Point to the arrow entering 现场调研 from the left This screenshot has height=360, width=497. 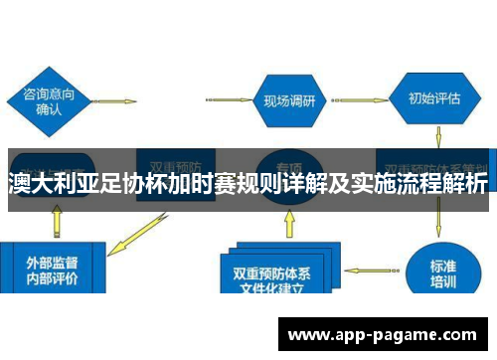coord(225,99)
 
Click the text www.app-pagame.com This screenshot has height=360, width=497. coord(383,335)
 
